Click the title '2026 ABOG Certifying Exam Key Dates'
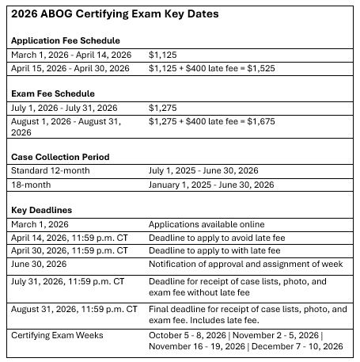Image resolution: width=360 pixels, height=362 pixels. point(116,15)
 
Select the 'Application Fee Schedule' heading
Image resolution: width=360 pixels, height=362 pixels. point(66,40)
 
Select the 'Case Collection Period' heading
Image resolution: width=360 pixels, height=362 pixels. point(61,157)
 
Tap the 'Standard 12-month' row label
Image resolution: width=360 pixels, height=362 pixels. point(51,170)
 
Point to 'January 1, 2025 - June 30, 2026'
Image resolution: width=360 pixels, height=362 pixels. point(211,185)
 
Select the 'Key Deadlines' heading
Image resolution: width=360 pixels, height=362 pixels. point(42,210)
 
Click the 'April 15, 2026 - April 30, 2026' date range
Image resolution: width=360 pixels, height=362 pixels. point(70,68)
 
